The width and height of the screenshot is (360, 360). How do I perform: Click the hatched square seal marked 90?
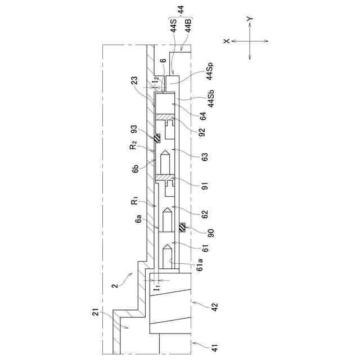pyautogui.click(x=182, y=228)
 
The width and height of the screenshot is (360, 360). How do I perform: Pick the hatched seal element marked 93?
pyautogui.click(x=158, y=138)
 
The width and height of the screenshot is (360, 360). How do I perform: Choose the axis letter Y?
pyautogui.click(x=250, y=19)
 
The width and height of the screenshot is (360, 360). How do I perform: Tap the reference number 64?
pyautogui.click(x=194, y=116)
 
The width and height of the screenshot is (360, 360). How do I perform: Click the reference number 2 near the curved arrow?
pyautogui.click(x=115, y=286)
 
